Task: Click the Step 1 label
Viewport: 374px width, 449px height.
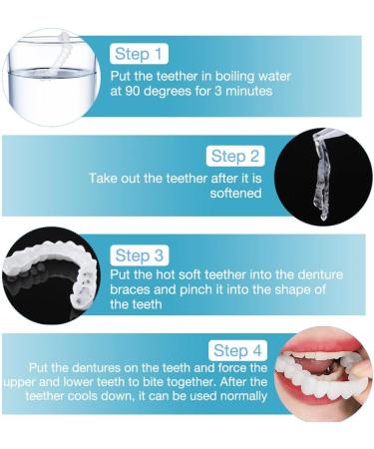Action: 140,54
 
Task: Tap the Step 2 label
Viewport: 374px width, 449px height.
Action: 235,156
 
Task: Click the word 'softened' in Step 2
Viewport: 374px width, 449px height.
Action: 234,193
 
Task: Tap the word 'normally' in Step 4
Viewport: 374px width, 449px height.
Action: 240,396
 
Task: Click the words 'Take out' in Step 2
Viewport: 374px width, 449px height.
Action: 114,178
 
